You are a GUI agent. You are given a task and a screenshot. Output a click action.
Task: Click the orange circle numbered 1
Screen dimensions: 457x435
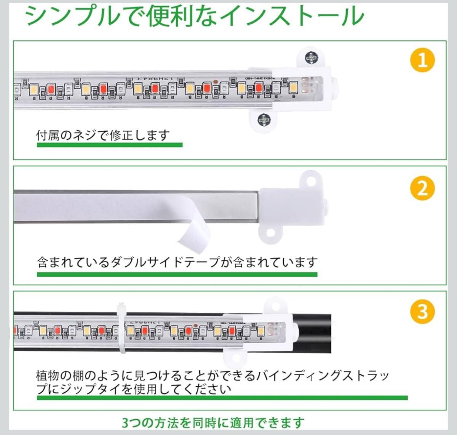[x=422, y=61]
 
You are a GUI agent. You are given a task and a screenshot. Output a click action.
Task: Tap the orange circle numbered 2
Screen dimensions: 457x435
[x=422, y=188]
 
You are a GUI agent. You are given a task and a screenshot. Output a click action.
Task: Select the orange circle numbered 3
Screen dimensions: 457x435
[x=422, y=312]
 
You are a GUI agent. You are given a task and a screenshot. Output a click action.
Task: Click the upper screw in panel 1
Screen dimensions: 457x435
[x=312, y=58]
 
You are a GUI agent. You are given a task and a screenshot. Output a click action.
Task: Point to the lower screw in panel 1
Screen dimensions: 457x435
[x=264, y=120]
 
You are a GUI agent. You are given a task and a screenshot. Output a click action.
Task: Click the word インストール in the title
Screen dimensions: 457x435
[x=292, y=16]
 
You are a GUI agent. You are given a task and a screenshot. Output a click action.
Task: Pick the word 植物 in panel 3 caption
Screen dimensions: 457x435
[x=48, y=376]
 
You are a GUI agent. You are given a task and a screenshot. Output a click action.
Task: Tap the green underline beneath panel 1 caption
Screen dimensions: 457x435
[x=110, y=145]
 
